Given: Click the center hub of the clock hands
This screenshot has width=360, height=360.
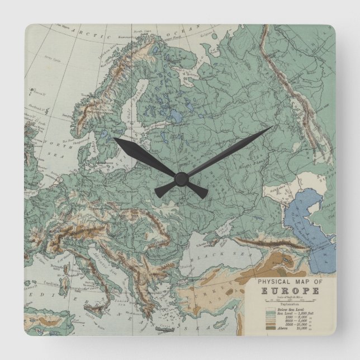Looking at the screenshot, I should [x=180, y=178].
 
